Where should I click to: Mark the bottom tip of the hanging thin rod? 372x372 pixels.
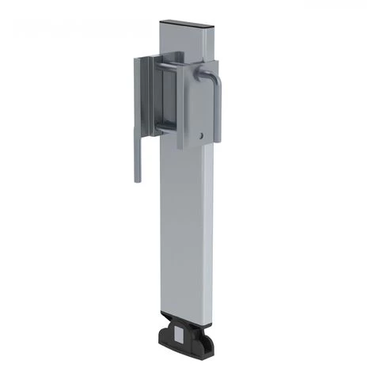tap(137, 179)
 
